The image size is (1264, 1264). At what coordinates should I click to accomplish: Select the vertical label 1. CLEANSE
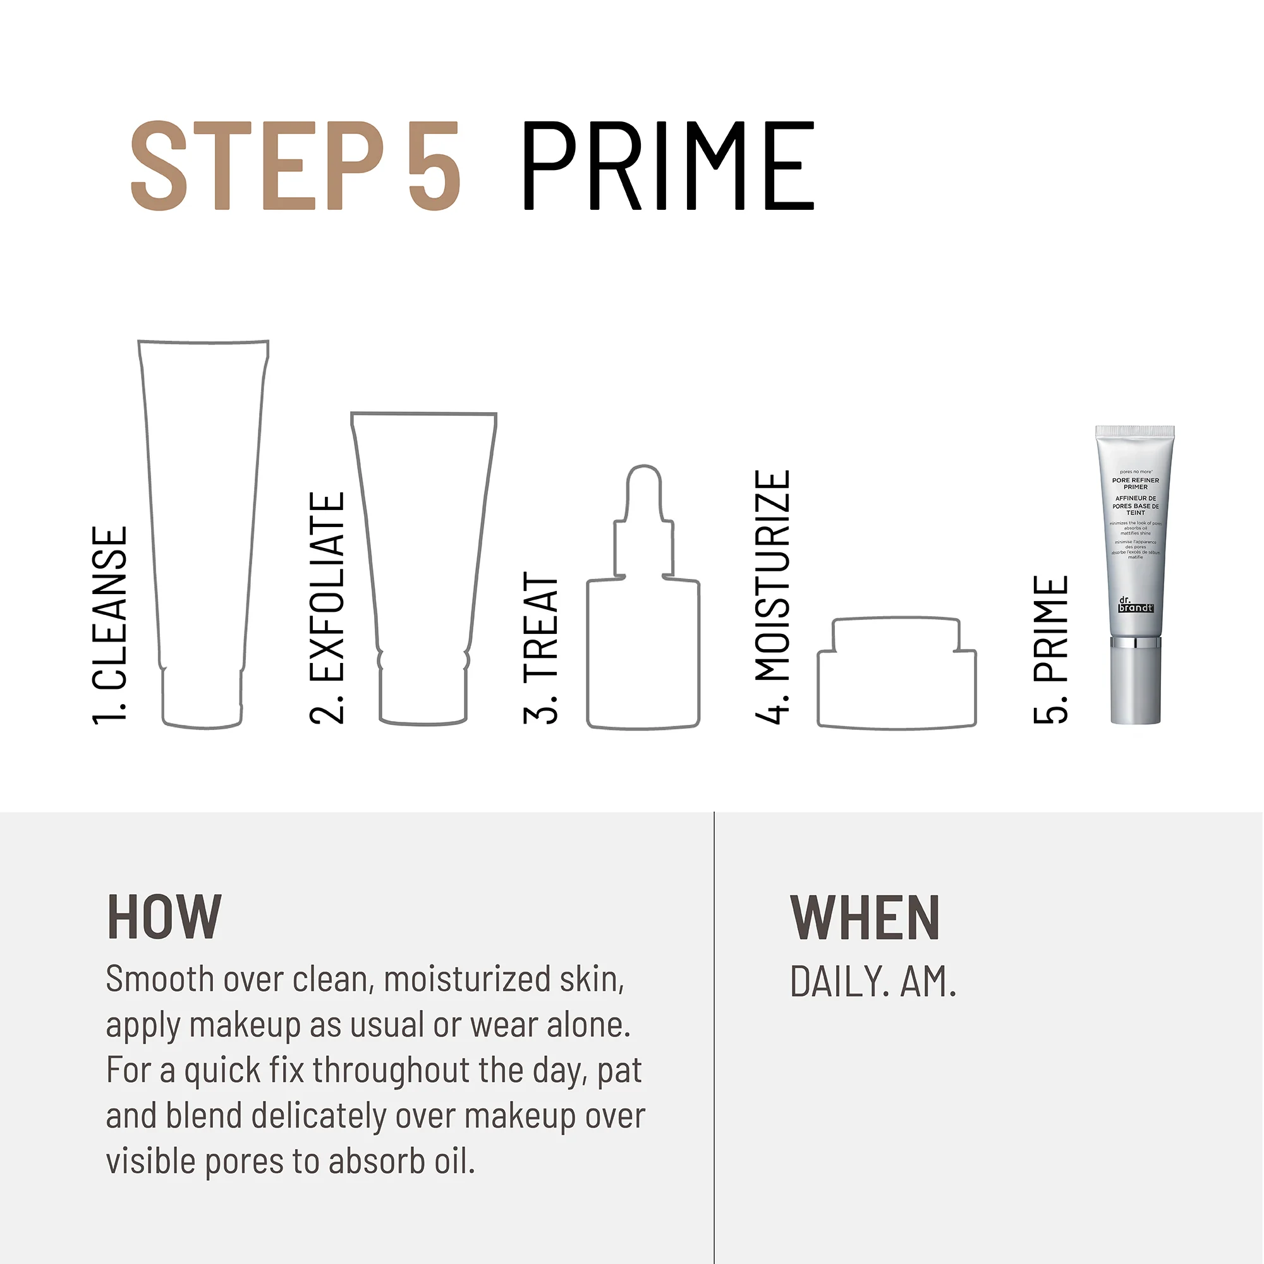(x=109, y=625)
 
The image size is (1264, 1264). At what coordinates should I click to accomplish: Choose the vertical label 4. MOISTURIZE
(x=773, y=596)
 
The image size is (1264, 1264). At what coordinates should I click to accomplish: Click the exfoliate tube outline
(x=424, y=562)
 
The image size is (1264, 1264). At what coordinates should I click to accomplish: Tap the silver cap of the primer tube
(x=1135, y=684)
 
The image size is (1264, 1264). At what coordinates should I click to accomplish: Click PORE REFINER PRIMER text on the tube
(x=1135, y=483)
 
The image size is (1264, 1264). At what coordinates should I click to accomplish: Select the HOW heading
(x=164, y=917)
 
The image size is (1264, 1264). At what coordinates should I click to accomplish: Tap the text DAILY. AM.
(x=873, y=982)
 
